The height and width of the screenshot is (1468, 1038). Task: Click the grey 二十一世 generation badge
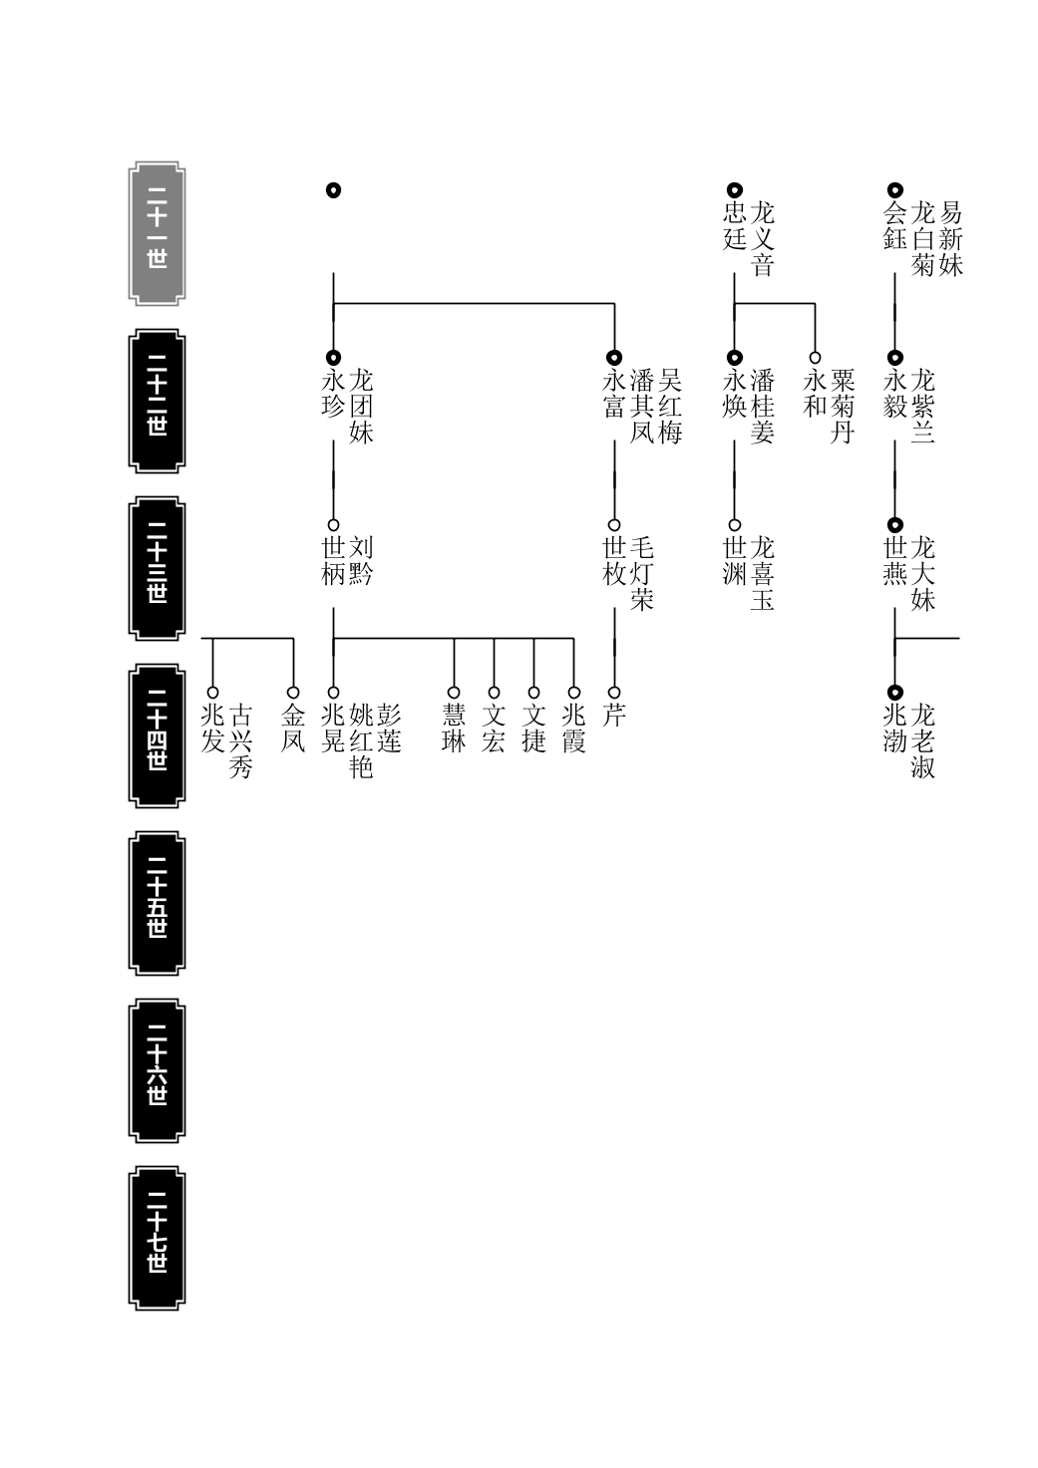coord(157,234)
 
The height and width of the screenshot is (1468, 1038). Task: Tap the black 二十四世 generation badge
coord(157,735)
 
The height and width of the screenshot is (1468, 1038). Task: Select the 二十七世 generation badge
coord(157,1238)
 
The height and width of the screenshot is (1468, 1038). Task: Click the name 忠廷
coord(735,225)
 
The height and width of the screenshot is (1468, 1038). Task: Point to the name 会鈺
coord(895,225)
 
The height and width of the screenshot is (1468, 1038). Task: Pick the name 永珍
coord(333,394)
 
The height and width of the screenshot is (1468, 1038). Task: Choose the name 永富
coord(614,394)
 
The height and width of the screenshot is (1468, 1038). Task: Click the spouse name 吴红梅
coord(670,407)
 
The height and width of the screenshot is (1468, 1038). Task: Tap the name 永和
coord(815,394)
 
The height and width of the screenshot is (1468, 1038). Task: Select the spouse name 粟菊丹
coord(843,407)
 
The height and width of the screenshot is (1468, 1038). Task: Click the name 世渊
coord(735,560)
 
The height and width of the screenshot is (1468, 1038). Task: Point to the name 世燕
coord(895,560)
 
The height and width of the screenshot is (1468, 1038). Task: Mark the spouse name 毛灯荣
coord(642,573)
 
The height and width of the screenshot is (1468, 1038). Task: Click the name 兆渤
coord(895,729)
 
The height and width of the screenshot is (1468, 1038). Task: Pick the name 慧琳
coord(454,729)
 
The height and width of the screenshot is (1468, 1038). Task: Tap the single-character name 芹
coord(614,715)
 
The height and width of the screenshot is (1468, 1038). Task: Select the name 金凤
coord(293,729)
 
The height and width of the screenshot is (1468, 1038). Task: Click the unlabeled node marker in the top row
coord(333,190)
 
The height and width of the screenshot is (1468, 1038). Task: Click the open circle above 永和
coord(815,358)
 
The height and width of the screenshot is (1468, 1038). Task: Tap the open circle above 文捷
coord(533,693)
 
